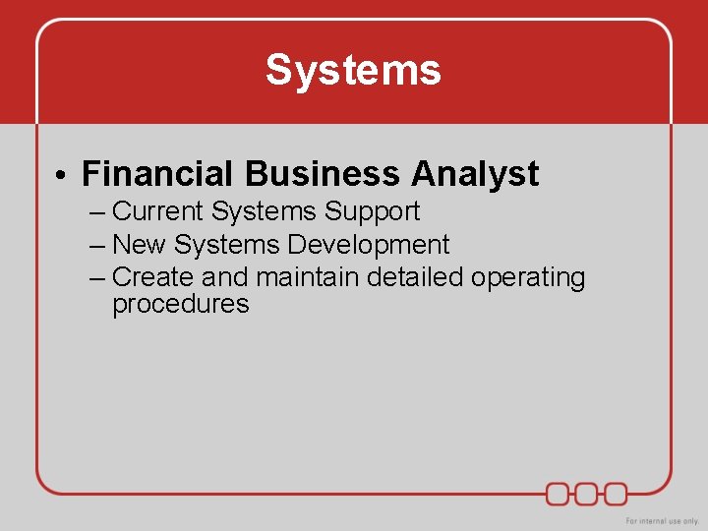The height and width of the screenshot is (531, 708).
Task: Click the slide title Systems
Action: pos(353,71)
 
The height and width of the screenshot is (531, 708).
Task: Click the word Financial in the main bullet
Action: pos(158,174)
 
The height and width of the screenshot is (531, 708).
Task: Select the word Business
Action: pos(323,174)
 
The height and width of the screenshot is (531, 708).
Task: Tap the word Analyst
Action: pos(475,174)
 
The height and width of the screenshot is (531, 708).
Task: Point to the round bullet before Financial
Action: pos(61,176)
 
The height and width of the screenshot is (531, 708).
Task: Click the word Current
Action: pos(157,211)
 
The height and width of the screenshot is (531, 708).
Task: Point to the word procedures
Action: pos(181,305)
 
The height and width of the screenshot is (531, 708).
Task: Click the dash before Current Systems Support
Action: pos(95,212)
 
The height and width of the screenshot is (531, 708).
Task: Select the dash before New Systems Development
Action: pos(95,246)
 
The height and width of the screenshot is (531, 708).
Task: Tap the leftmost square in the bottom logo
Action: pos(559,493)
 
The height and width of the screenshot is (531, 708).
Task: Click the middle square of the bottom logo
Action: pos(587,493)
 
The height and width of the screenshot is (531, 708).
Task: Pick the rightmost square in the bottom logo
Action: pos(616,493)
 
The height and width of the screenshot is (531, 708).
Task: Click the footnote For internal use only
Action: pos(662,520)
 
